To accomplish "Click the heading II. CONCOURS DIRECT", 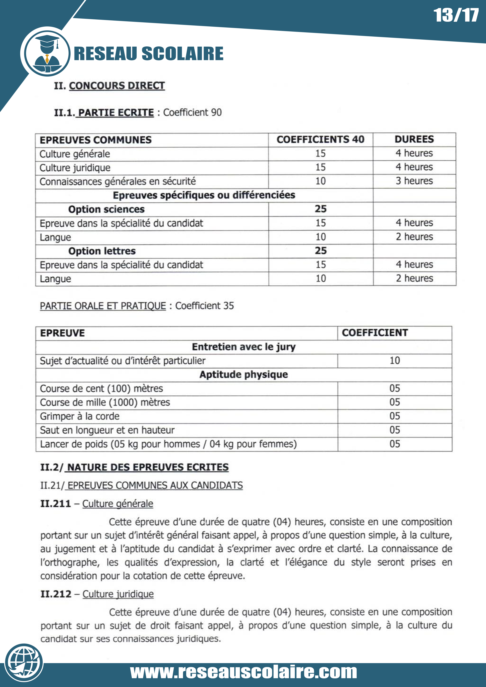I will point(109,86).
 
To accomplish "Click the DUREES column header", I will point(414,139).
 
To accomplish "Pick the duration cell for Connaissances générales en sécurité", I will point(414,181).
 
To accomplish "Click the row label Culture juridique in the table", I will point(75,168).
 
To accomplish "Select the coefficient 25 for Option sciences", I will point(320,209).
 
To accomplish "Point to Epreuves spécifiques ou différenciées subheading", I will point(204,195).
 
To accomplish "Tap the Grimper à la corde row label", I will point(80,416).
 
